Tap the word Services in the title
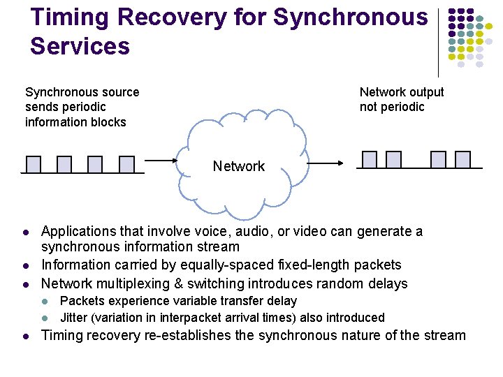tap(80, 47)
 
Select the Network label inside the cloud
tap(239, 166)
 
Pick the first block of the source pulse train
tap(34, 164)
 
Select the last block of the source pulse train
tap(126, 164)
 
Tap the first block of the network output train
tap(370, 160)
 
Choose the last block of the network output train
tap(462, 160)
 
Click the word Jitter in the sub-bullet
tap(74, 318)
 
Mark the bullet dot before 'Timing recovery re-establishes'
tap(24, 336)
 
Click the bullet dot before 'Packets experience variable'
tap(46, 302)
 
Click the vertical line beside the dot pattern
tap(438, 42)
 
